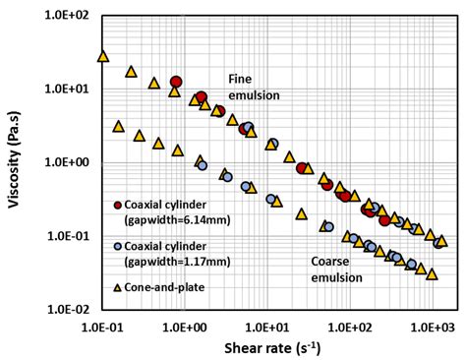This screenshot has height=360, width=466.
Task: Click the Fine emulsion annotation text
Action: tap(254, 88)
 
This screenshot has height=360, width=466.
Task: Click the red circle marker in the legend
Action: tap(118, 205)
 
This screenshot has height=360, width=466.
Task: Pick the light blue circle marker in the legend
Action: tap(118, 247)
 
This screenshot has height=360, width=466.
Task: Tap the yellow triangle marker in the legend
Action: tap(118, 286)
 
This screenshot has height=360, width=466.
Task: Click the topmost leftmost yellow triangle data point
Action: tap(102, 56)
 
